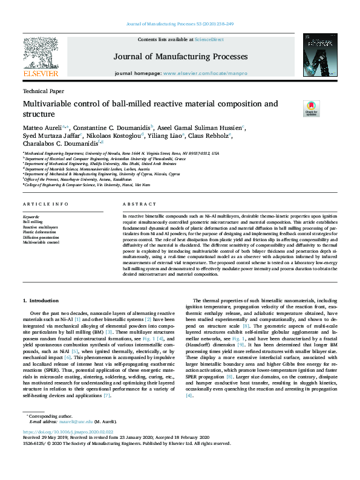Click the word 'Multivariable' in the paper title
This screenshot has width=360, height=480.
click(53, 103)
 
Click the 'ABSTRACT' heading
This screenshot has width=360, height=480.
click(135, 205)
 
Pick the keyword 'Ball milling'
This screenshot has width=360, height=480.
click(33, 222)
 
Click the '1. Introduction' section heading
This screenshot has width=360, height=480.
click(41, 300)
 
